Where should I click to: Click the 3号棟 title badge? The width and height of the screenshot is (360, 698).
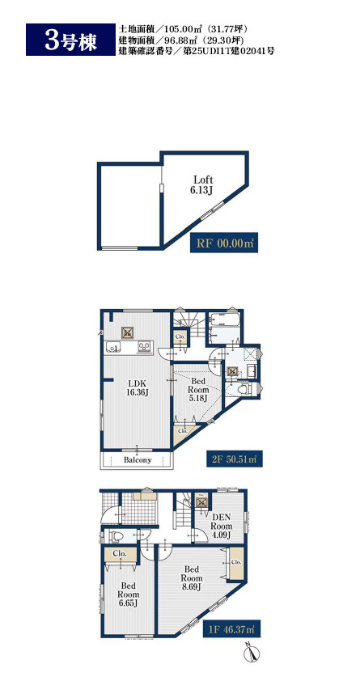[x=70, y=40]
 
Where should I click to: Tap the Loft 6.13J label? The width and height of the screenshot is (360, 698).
[x=203, y=184]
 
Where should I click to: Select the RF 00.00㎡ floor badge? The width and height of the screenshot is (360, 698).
[x=224, y=243]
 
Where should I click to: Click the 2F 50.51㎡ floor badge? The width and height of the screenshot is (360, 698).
[x=234, y=458]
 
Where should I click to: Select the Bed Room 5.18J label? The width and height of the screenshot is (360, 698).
[x=198, y=390]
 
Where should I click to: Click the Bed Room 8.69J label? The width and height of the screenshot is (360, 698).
[x=191, y=577]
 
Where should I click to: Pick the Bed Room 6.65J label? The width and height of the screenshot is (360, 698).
[x=128, y=594]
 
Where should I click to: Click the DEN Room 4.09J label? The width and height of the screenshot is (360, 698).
[x=221, y=526]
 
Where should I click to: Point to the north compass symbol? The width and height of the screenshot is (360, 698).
[x=252, y=652]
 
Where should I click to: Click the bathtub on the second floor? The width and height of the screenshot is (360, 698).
[x=225, y=319]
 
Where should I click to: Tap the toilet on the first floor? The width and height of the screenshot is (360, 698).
[x=116, y=536]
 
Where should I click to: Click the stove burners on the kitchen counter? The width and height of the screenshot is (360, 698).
[x=144, y=346]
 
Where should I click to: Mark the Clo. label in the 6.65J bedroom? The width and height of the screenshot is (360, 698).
[x=120, y=554]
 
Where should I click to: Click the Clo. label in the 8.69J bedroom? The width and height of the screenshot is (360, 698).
[x=236, y=562]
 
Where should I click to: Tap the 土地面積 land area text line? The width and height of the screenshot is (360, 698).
[x=183, y=28]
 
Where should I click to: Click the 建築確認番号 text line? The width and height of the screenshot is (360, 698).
[x=197, y=51]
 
